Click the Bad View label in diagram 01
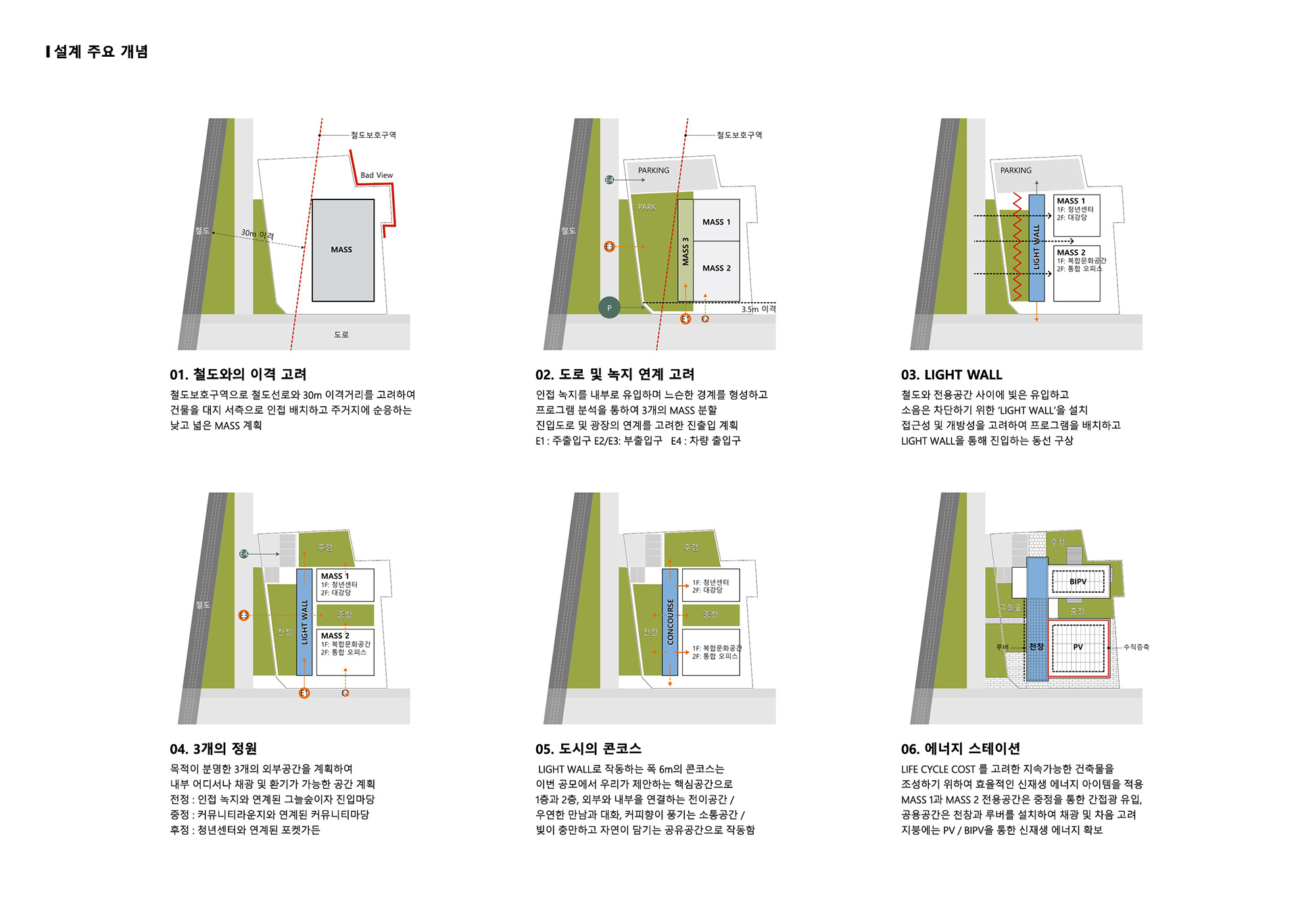[x=377, y=175]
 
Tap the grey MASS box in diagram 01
[x=342, y=249]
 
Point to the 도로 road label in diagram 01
[x=341, y=335]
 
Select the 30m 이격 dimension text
[x=258, y=235]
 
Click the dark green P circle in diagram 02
[x=609, y=308]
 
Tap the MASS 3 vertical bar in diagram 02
[x=686, y=251]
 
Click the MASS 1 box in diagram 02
[x=716, y=222]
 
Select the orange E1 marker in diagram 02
[x=686, y=319]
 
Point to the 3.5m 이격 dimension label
[x=759, y=309]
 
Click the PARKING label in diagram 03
[x=1015, y=170]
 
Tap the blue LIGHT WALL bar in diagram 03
[x=1036, y=248]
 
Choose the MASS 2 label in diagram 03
[x=1071, y=253]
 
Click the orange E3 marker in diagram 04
[x=243, y=615]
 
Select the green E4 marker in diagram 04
[x=244, y=554]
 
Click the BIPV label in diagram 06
[x=1078, y=581]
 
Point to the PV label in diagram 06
[x=1078, y=647]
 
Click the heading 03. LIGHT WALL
[x=951, y=375]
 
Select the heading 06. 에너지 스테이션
[x=960, y=749]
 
